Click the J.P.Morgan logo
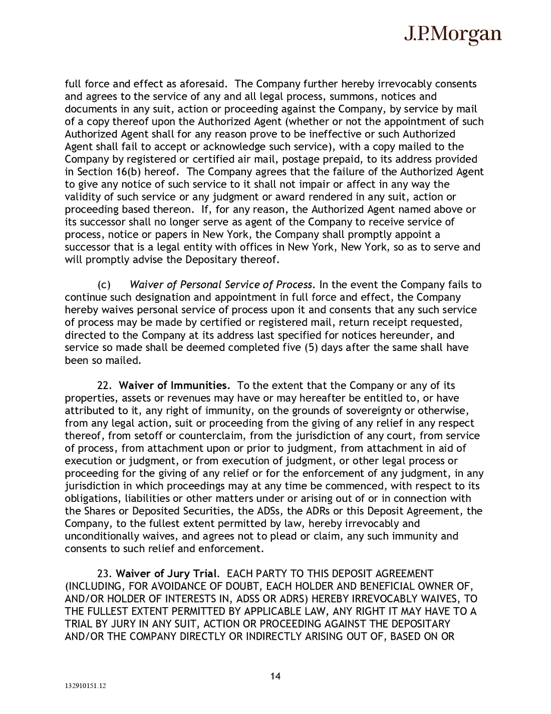(452, 34)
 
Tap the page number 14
(275, 676)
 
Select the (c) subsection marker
(104, 285)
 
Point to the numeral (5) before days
(311, 347)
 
